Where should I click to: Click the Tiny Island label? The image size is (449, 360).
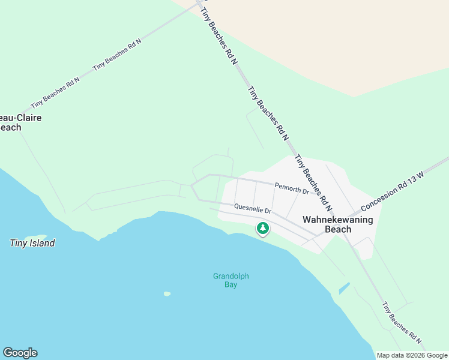[x=32, y=243]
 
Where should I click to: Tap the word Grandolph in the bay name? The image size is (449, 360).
[x=231, y=277]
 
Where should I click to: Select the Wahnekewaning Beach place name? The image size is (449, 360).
[x=337, y=224]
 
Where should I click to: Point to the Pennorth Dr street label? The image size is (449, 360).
[x=291, y=188]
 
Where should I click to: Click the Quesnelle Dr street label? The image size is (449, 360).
[x=253, y=209]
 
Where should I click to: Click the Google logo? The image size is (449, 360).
[x=20, y=353]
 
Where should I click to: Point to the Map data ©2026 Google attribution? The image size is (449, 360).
[x=412, y=355]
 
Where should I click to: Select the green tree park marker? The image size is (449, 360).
[x=262, y=228]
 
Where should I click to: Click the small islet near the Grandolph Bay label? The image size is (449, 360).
[x=167, y=293]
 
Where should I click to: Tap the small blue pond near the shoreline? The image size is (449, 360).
[x=344, y=288]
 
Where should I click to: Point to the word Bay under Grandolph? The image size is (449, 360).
[x=231, y=285]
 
